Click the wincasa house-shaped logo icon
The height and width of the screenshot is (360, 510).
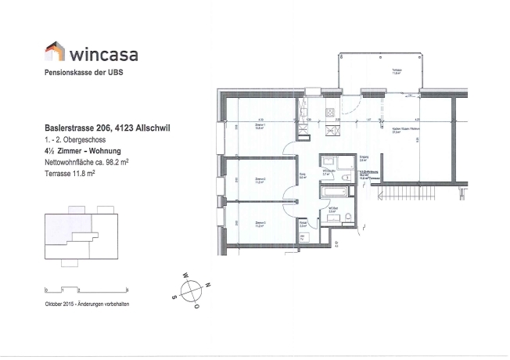click(x=54, y=52)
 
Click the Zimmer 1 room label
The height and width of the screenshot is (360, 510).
click(x=261, y=125)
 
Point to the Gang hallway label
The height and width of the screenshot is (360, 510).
click(x=303, y=175)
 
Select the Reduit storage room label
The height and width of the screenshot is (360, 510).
click(x=303, y=224)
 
